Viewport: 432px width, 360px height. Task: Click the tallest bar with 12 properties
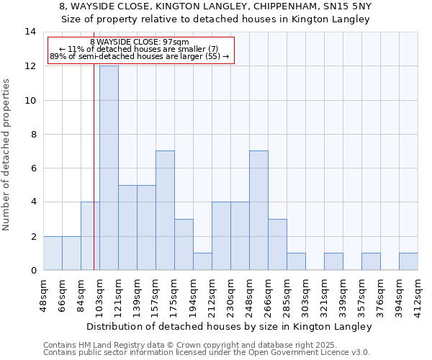pos(109,168)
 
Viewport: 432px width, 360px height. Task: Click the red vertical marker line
pos(94,180)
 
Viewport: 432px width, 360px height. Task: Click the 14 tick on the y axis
pos(30,32)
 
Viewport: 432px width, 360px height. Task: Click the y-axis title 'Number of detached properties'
pos(7,155)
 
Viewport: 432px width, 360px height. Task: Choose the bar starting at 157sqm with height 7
pos(165,210)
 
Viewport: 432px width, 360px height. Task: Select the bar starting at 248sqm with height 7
pos(258,210)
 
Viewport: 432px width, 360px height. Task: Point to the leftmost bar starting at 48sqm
pos(53,253)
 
